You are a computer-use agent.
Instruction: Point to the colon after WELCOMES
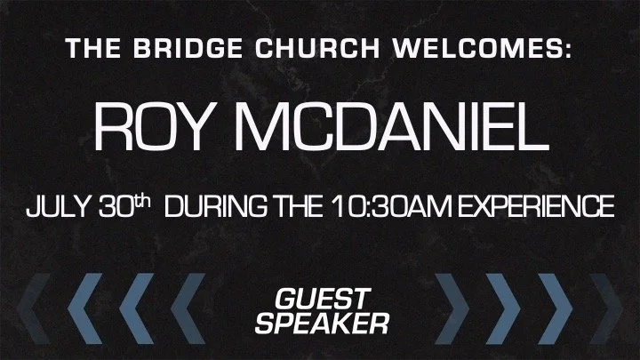[566, 50]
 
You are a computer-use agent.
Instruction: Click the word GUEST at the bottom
[320, 298]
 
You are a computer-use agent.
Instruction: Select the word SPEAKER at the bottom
[320, 322]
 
